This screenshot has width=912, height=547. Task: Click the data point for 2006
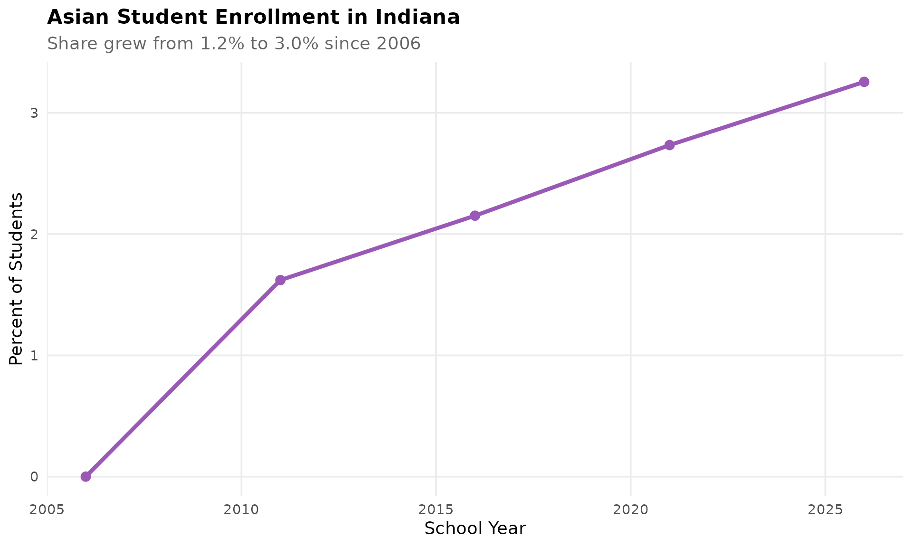pyautogui.click(x=86, y=476)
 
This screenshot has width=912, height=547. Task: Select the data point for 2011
pyautogui.click(x=280, y=280)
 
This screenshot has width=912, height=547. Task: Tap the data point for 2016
pyautogui.click(x=475, y=216)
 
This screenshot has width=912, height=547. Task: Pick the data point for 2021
pyautogui.click(x=669, y=145)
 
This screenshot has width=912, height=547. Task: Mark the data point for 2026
pyautogui.click(x=864, y=82)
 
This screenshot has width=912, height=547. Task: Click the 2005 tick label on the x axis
pyautogui.click(x=47, y=510)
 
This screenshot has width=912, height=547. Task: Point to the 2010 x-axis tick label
pyautogui.click(x=241, y=510)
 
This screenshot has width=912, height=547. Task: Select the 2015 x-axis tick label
pyautogui.click(x=436, y=510)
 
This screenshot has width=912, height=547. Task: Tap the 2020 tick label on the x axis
pyautogui.click(x=630, y=510)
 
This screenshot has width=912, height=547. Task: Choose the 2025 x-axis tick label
pyautogui.click(x=825, y=510)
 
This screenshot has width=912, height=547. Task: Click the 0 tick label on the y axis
pyautogui.click(x=34, y=477)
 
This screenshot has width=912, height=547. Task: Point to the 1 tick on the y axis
pyautogui.click(x=34, y=355)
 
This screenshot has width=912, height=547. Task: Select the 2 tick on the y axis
pyautogui.click(x=34, y=234)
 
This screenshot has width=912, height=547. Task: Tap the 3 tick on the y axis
pyautogui.click(x=34, y=113)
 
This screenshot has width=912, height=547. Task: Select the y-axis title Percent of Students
pyautogui.click(x=16, y=279)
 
